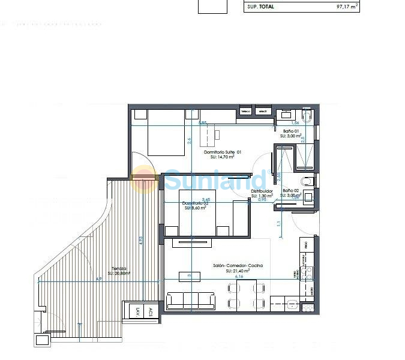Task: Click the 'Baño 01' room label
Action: [x=290, y=131]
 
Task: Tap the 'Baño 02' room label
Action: [x=290, y=190]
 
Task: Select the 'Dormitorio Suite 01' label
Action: [x=222, y=152]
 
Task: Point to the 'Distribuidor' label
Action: [x=262, y=191]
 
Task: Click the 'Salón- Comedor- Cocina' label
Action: [x=238, y=265]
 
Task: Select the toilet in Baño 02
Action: [x=308, y=181]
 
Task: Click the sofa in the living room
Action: [x=190, y=300]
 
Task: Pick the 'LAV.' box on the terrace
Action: [x=137, y=312]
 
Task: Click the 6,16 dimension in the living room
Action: [x=239, y=277]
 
